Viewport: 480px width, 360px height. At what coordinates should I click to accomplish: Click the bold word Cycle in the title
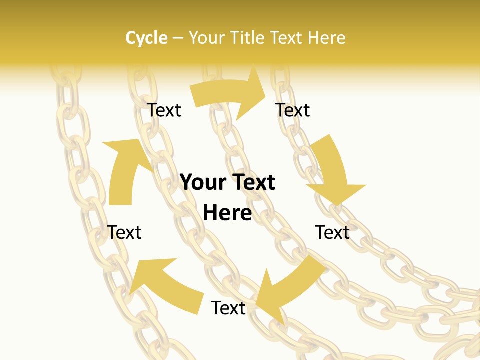click(x=146, y=38)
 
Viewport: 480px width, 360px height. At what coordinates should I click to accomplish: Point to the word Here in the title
click(x=327, y=38)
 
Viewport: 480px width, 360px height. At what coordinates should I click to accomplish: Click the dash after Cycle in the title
click(x=178, y=38)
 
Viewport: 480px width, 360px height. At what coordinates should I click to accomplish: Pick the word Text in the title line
click(x=287, y=38)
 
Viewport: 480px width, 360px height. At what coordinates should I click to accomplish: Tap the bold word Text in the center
click(x=252, y=182)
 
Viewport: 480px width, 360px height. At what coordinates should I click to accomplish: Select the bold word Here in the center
click(x=227, y=213)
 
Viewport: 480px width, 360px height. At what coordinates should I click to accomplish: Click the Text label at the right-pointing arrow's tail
click(x=164, y=110)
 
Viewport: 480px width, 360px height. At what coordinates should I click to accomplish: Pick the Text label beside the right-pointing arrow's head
click(x=293, y=110)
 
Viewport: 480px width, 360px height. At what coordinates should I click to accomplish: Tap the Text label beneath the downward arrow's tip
click(x=332, y=232)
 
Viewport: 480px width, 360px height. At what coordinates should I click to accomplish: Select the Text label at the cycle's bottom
click(x=228, y=308)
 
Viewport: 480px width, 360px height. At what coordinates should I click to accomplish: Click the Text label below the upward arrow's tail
click(x=125, y=232)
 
